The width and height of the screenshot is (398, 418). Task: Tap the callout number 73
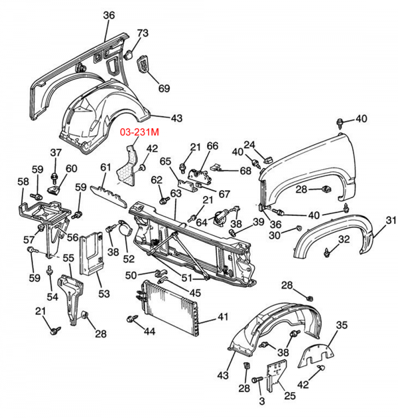coord(143,33)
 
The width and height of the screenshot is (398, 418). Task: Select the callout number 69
coord(163,88)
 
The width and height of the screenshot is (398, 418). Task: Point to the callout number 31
coord(391,220)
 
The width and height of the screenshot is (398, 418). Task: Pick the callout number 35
coord(342,325)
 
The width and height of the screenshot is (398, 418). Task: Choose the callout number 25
coord(290,396)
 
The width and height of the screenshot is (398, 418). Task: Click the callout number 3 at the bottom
coord(261,401)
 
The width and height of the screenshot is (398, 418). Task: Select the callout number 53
coord(103,293)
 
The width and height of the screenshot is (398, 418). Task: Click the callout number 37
coord(56,153)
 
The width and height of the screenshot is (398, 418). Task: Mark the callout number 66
coord(212,146)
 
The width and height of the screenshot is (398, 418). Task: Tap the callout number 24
coord(249,144)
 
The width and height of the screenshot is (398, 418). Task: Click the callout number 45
coord(196,292)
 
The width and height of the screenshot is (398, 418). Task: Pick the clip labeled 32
coord(329,252)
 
